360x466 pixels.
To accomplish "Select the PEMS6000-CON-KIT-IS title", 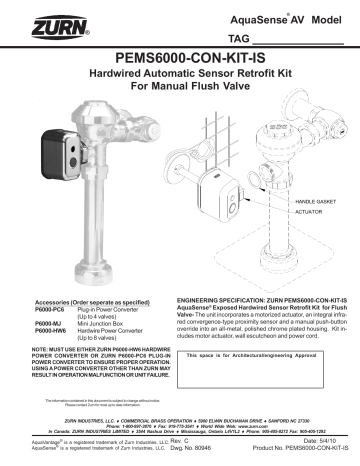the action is pos(179,58).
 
